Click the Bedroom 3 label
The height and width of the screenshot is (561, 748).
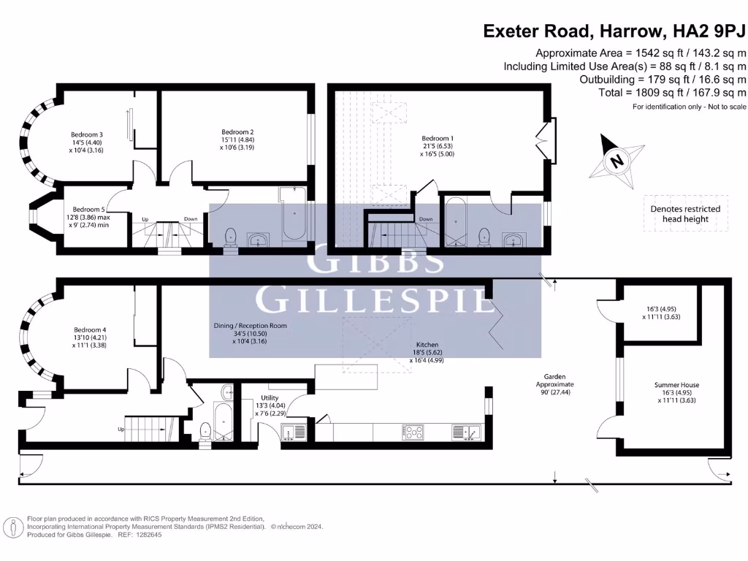[87, 135]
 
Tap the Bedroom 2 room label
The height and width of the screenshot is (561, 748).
[237, 132]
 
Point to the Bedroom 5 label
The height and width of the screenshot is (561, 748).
[88, 210]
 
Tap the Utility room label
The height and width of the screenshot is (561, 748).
[270, 398]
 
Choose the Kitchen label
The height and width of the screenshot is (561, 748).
[427, 345]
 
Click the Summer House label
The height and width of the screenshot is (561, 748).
[676, 385]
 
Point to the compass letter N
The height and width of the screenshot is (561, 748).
[617, 161]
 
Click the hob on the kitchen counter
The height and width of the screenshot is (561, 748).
[413, 432]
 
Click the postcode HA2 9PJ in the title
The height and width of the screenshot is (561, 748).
[709, 31]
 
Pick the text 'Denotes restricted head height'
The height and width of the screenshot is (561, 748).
[685, 214]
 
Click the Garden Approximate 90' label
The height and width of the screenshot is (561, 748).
[555, 384]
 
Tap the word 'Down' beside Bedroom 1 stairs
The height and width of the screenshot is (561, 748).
[426, 219]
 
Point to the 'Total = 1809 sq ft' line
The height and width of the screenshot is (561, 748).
[673, 93]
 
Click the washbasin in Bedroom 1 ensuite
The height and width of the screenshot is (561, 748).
[514, 239]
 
